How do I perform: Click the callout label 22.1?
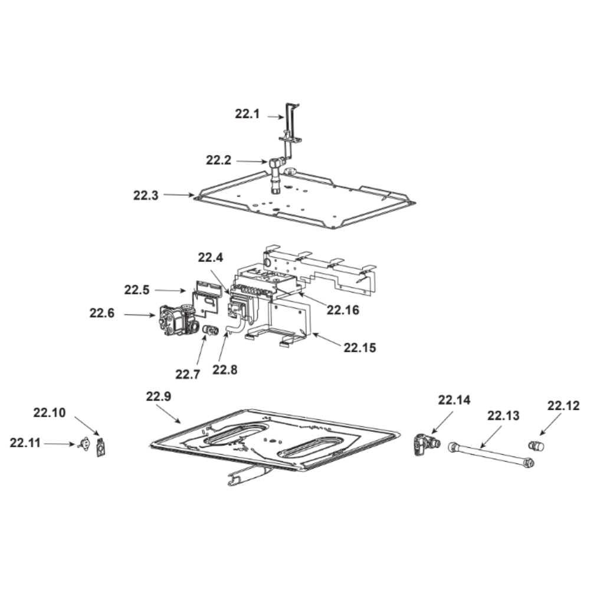[x=247, y=114]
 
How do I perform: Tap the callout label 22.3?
[x=146, y=195]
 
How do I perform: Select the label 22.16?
[x=343, y=310]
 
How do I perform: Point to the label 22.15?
[x=360, y=348]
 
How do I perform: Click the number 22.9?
[x=158, y=396]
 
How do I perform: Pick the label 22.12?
[x=563, y=406]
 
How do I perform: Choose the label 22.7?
[x=188, y=375]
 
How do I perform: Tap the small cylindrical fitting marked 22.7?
[x=211, y=330]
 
